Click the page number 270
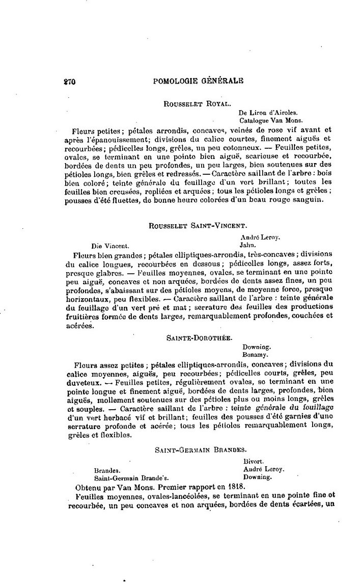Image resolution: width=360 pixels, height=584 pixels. pos(69,81)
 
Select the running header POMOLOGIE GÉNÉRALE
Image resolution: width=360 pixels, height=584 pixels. pos(198,81)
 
